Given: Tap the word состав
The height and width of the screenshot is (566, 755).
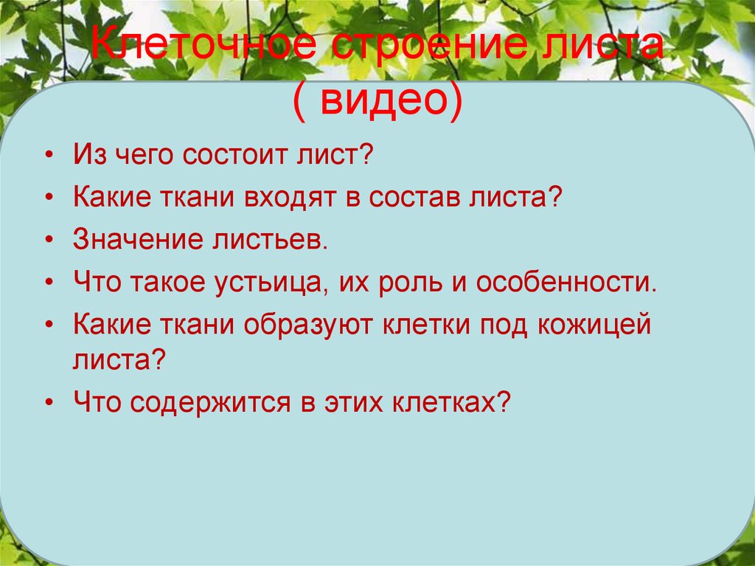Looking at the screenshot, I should (405, 199).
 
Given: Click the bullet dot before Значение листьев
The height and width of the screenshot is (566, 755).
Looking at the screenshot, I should (49, 242).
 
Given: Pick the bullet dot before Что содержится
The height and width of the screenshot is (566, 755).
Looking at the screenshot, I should (49, 403).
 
